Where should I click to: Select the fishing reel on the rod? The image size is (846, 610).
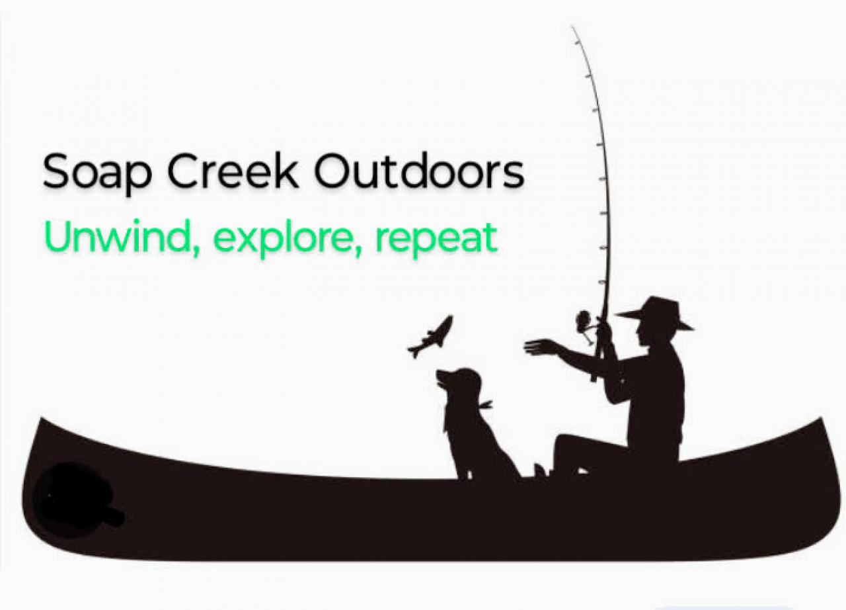coord(584,322)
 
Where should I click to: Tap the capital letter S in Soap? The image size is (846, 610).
coord(56,171)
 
